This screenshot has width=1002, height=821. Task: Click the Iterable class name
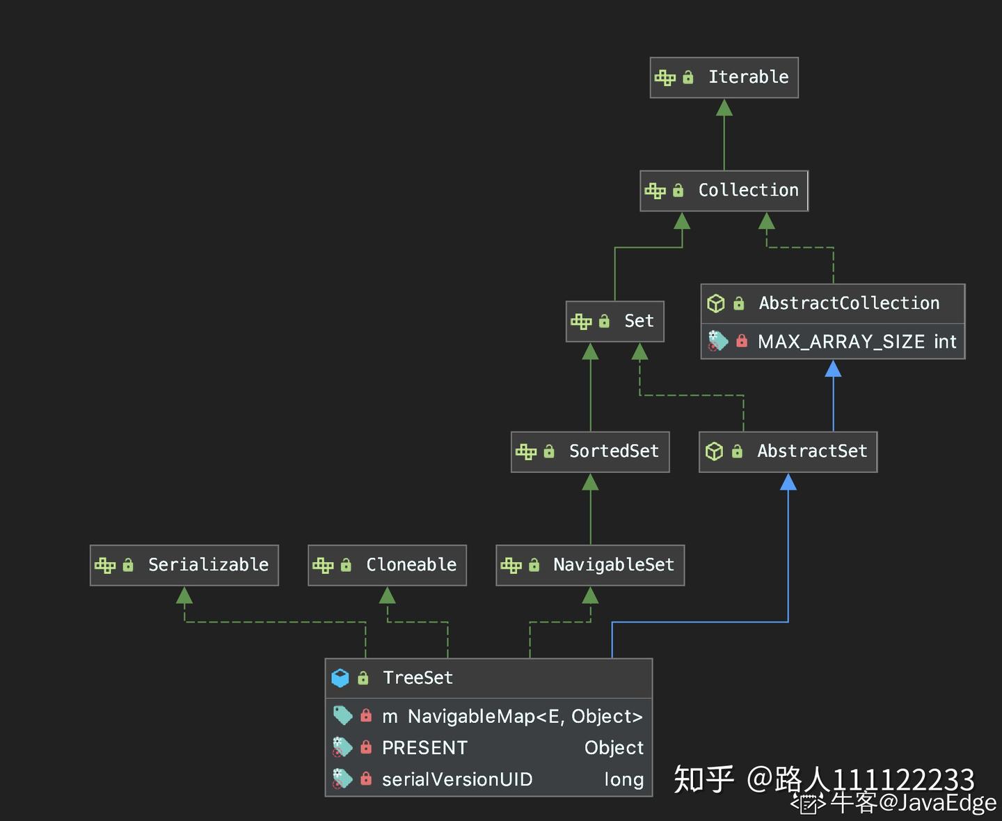click(748, 77)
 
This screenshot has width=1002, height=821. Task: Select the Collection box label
click(748, 190)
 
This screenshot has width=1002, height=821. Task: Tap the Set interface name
click(639, 321)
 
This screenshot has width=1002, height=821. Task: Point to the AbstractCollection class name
click(849, 303)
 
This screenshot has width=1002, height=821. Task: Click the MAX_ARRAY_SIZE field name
click(841, 342)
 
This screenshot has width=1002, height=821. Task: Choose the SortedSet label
click(614, 451)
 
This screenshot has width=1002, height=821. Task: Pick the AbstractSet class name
click(812, 451)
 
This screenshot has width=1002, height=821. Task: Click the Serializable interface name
click(209, 564)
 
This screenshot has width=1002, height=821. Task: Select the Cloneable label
click(411, 564)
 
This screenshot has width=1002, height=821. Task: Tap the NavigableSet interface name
click(614, 564)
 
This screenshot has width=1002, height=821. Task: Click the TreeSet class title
click(418, 678)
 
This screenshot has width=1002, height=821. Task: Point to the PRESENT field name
click(424, 748)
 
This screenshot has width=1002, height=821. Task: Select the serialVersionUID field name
click(457, 779)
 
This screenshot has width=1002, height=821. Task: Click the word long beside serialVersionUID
click(624, 780)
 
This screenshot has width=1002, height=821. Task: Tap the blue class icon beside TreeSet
click(340, 678)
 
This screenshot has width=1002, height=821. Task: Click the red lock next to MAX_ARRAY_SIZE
click(742, 340)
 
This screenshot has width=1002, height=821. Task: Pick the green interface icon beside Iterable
click(665, 77)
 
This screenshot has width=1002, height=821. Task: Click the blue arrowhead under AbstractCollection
click(834, 369)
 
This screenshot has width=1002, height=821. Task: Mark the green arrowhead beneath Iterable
click(724, 107)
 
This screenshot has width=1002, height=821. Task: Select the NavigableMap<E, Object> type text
click(525, 717)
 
